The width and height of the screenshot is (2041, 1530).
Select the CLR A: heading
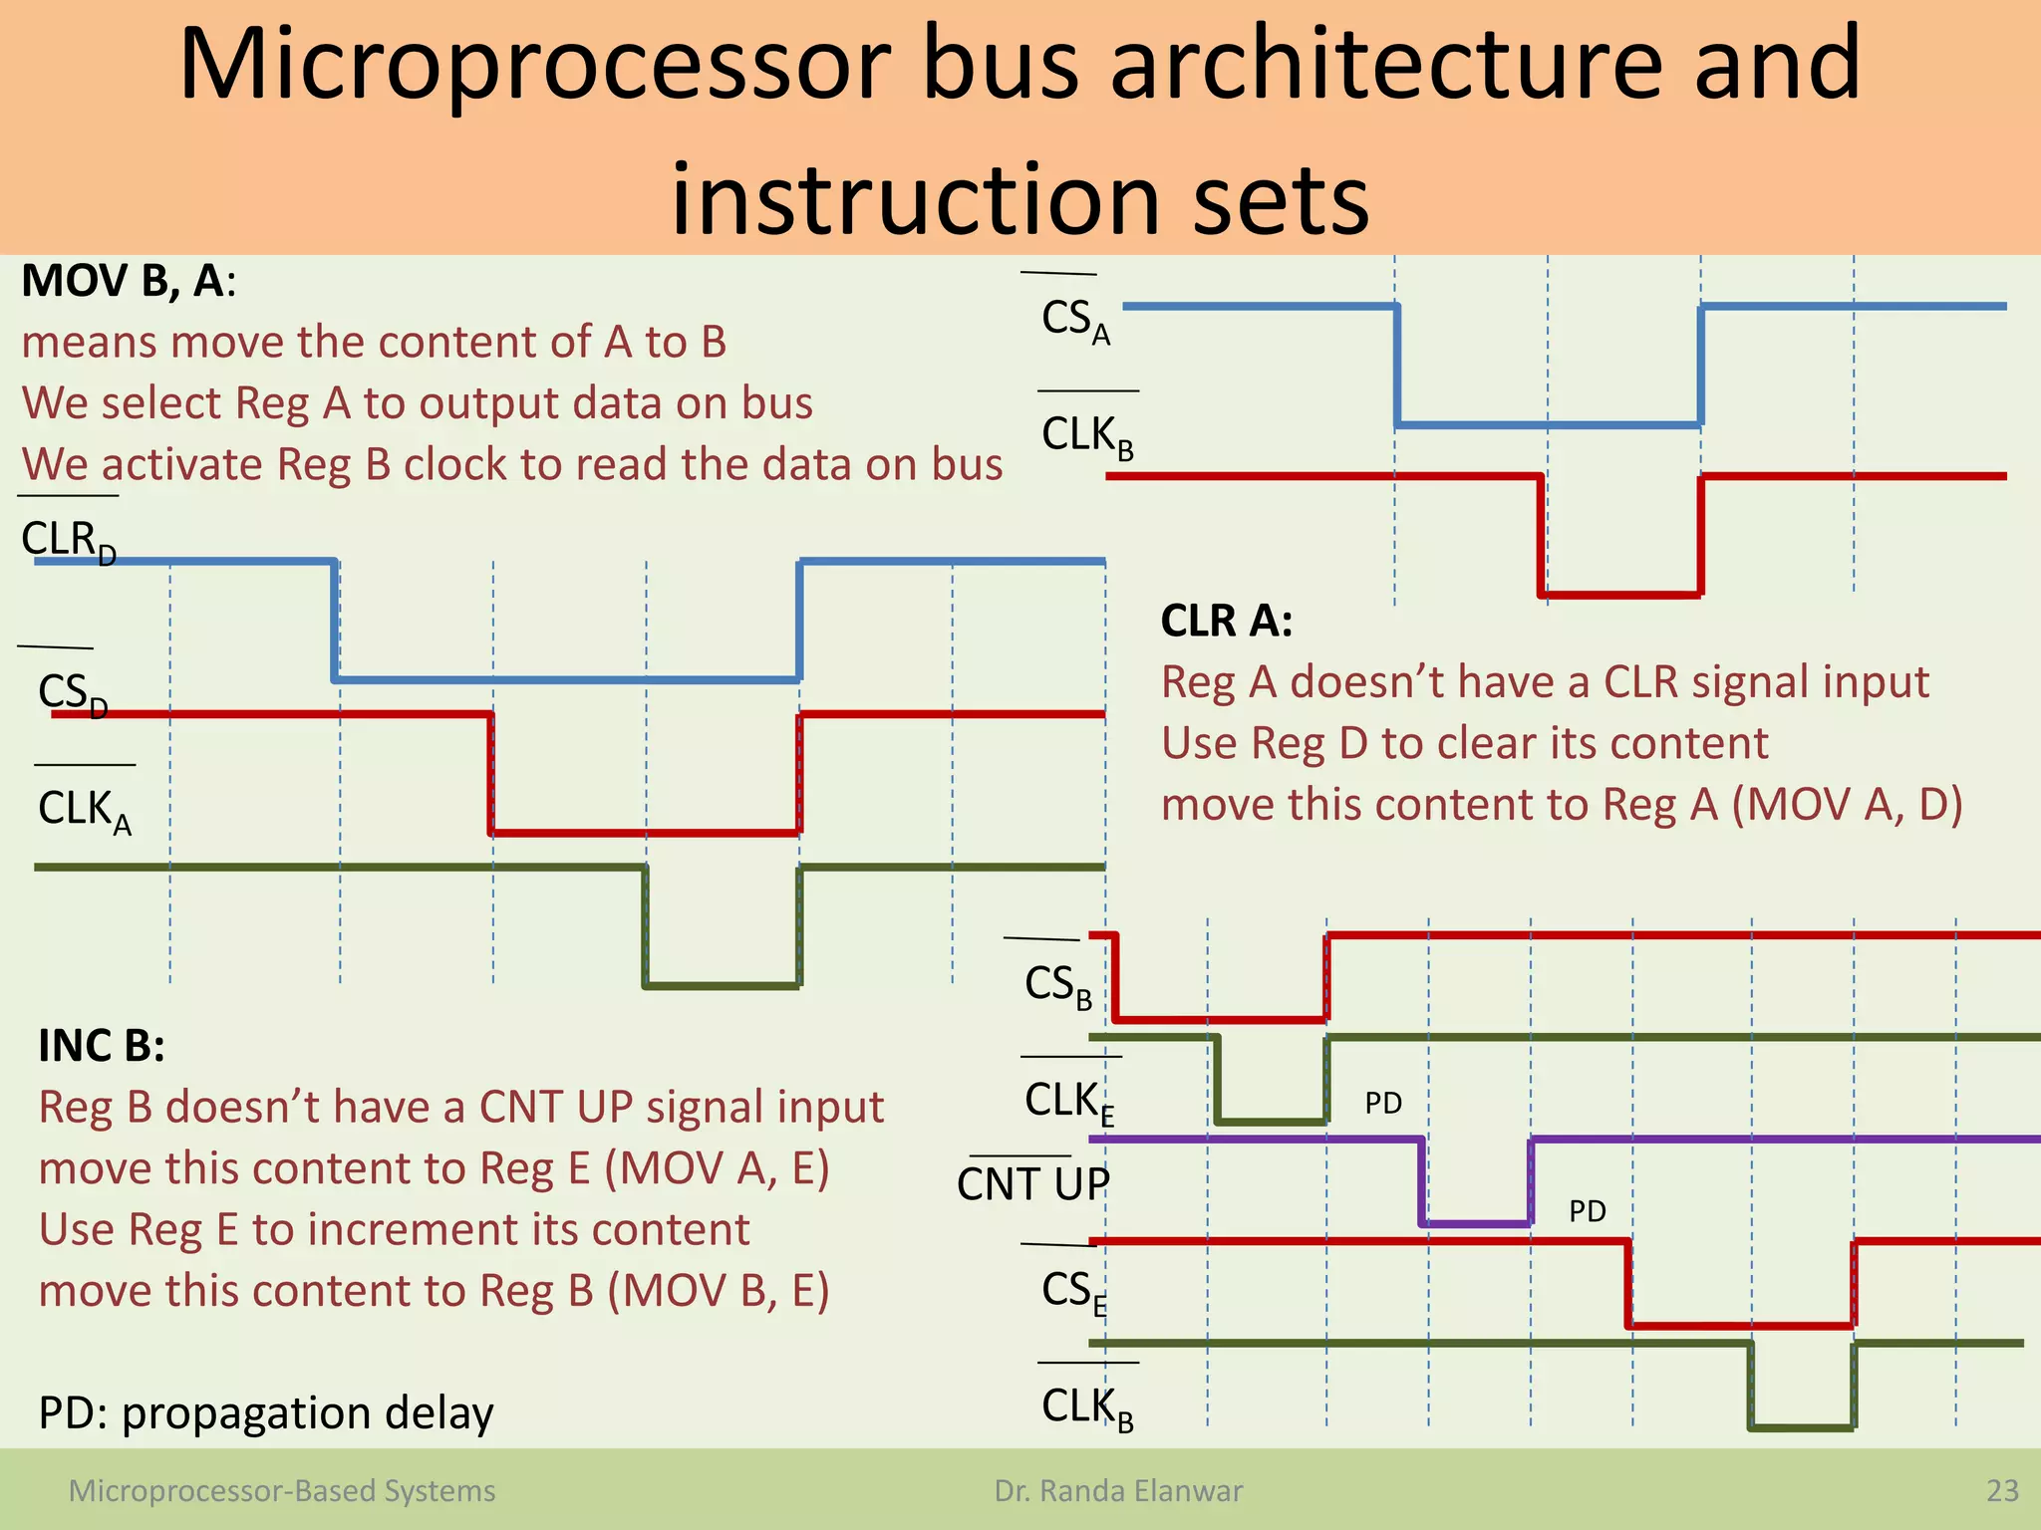[1226, 622]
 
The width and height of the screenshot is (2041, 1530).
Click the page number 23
[2002, 1491]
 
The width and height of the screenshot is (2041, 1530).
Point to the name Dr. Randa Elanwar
[1118, 1491]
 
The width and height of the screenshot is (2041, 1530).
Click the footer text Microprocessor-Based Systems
[282, 1491]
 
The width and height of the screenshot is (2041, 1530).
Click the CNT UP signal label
[1032, 1184]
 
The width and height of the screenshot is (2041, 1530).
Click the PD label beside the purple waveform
[1587, 1211]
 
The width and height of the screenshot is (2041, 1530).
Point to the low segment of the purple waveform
[1476, 1223]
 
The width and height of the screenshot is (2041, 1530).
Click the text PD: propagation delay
[266, 1413]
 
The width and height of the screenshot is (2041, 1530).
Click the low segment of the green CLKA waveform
[722, 985]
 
